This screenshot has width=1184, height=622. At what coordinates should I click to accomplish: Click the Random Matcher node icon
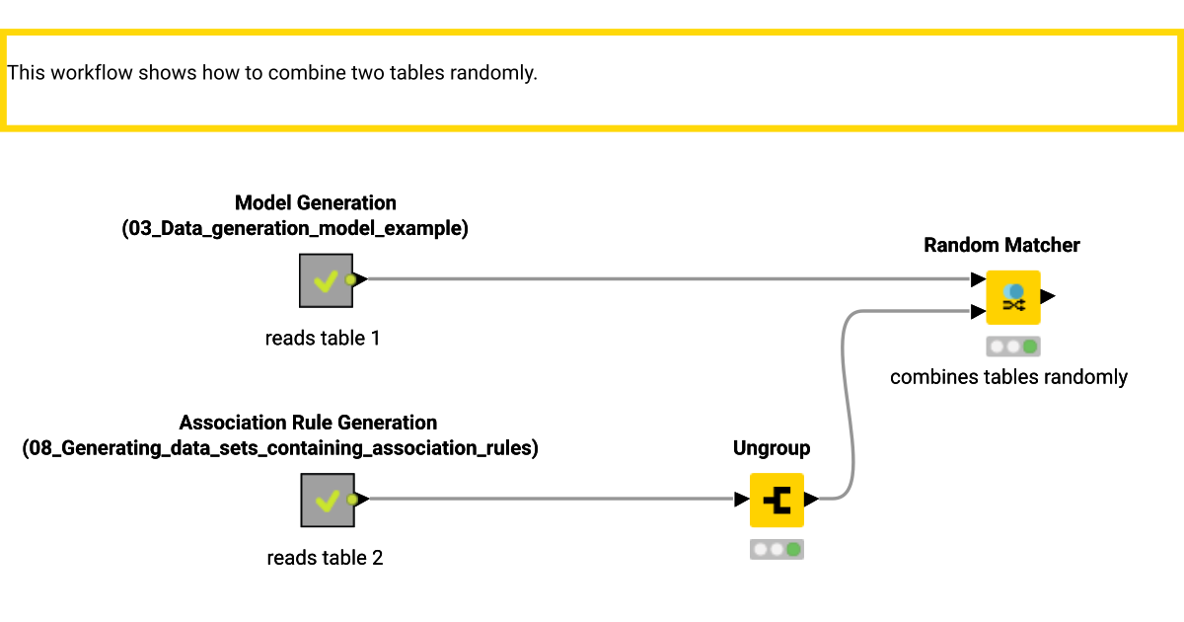point(1013,297)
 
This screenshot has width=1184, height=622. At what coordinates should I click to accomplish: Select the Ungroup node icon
point(777,500)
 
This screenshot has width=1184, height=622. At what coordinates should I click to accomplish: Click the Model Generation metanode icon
point(326,280)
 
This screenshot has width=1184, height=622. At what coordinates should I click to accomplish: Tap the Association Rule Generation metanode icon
point(326,500)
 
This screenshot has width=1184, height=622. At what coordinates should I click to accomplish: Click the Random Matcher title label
point(1001,245)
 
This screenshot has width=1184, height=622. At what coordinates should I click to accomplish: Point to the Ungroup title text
point(772,448)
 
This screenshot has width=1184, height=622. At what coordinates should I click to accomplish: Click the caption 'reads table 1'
point(323,338)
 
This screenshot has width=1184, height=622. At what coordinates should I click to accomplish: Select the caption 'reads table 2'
point(325,558)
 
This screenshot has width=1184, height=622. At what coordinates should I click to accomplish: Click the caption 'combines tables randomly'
point(1008,376)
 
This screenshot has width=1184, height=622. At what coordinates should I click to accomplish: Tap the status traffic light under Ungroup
point(777,549)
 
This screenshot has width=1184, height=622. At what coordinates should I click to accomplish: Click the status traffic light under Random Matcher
point(1013,347)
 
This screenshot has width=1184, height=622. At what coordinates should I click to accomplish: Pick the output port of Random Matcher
point(1048,295)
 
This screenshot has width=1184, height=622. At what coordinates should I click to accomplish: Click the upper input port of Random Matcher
point(978,279)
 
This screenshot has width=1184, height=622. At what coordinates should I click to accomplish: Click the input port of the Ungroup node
point(742,500)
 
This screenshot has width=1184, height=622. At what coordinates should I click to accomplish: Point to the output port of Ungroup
point(811,500)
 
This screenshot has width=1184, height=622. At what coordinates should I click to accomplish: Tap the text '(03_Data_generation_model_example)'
point(295,229)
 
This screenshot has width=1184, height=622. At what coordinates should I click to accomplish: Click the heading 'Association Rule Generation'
point(308,423)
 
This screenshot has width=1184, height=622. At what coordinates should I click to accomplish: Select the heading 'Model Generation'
point(316,202)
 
